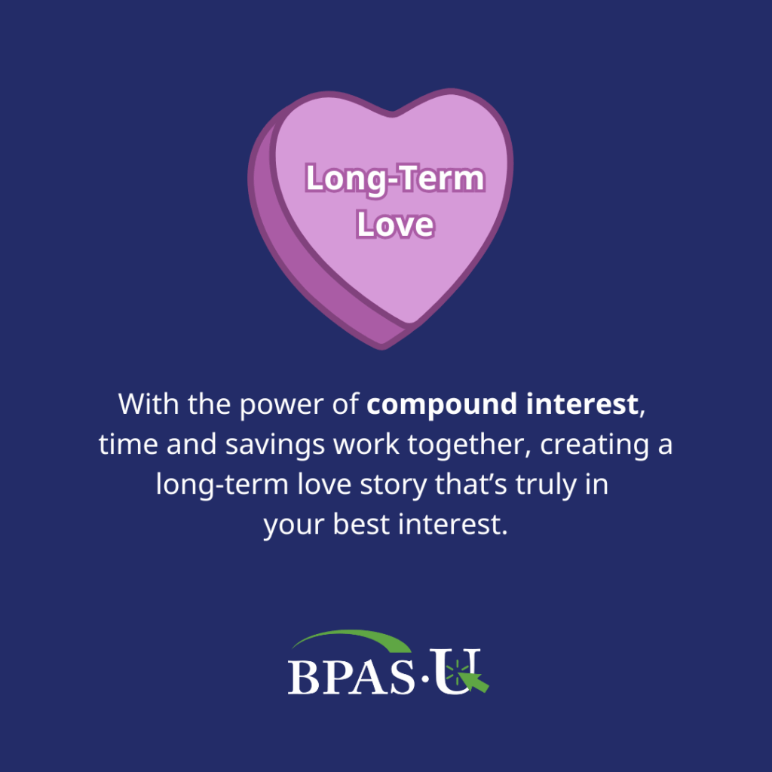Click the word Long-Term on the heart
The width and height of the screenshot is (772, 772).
(x=394, y=179)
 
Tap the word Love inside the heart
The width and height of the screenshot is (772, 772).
(x=395, y=224)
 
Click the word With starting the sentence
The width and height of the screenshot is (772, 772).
(x=148, y=405)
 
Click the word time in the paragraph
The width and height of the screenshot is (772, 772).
(x=125, y=445)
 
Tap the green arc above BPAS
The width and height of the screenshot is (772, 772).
(x=354, y=639)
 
